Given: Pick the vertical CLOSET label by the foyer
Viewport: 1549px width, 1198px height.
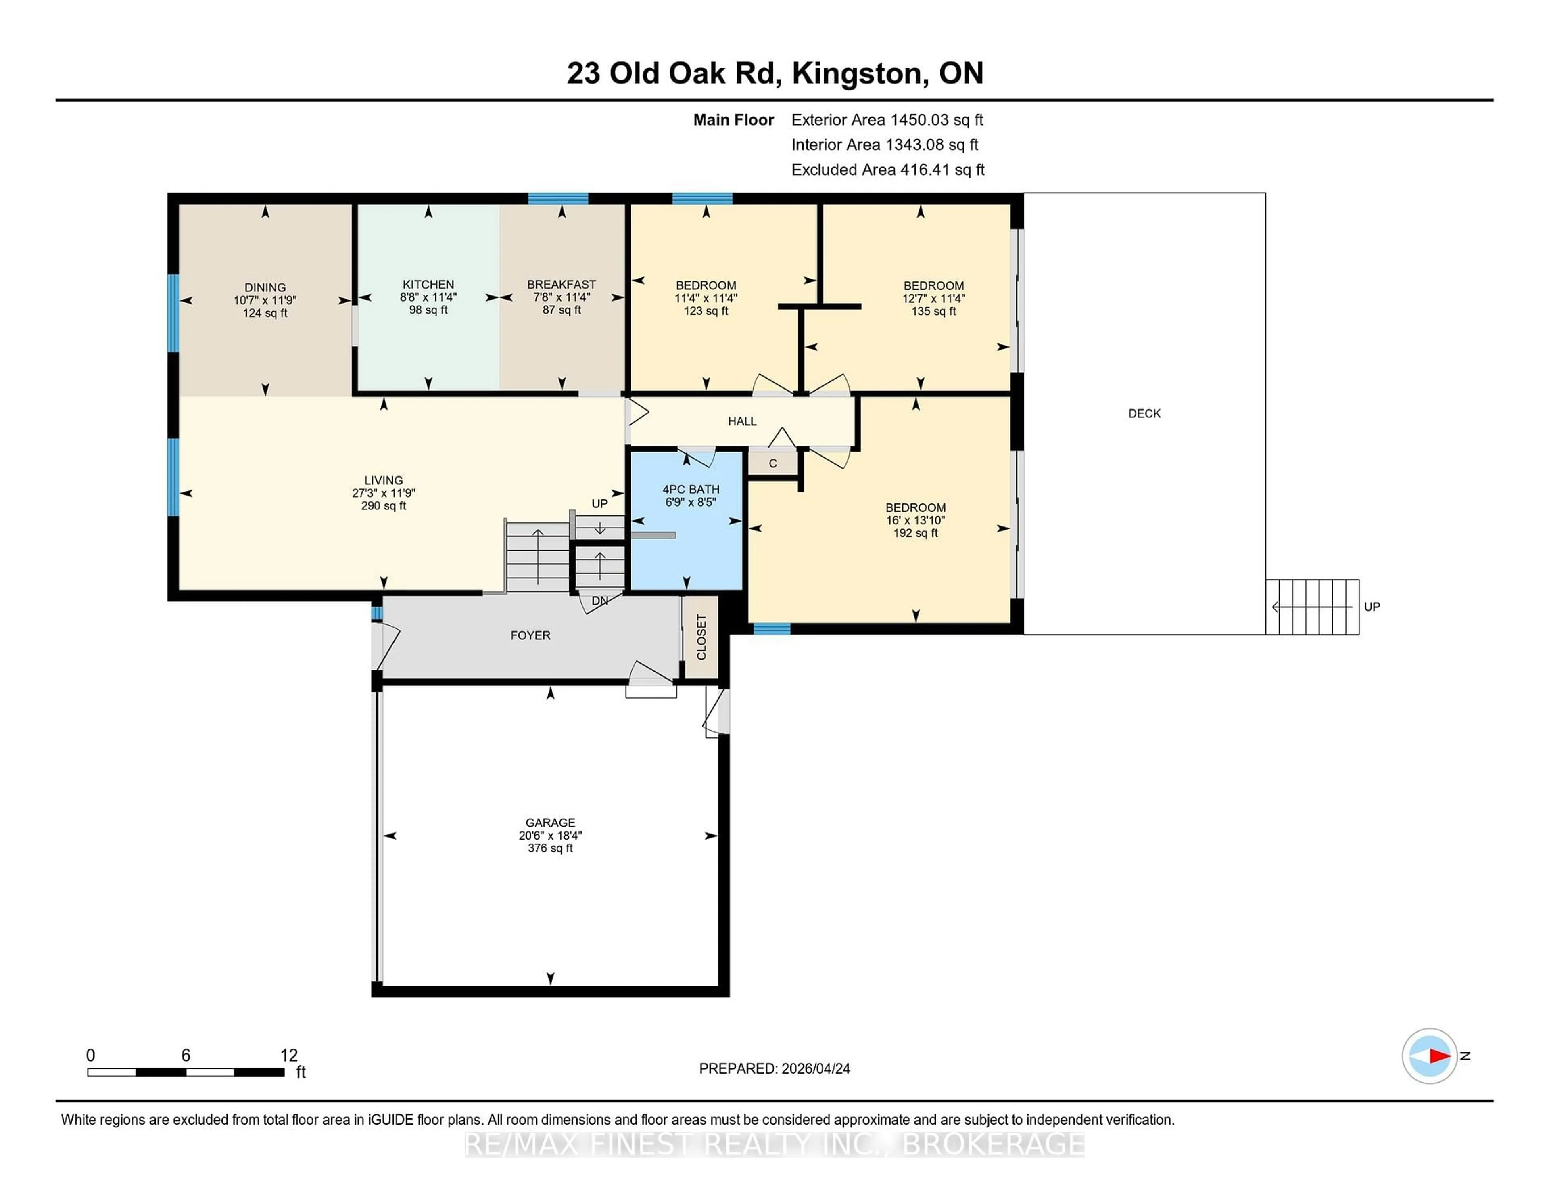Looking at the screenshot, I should [701, 637].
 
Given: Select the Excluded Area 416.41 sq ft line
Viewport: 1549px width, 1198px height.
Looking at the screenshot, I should [887, 170].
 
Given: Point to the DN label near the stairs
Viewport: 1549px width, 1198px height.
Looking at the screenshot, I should [599, 601].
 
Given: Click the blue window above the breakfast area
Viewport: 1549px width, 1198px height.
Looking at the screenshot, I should [557, 199].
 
